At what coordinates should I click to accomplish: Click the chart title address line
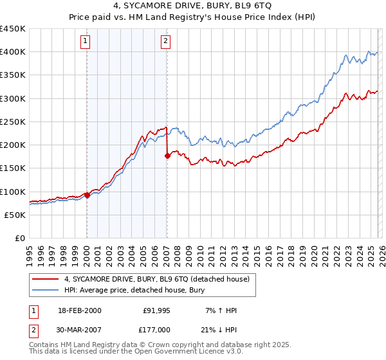[x=192, y=6]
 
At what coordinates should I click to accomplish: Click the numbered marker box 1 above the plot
[x=86, y=42]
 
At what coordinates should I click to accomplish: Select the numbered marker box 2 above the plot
[x=166, y=42]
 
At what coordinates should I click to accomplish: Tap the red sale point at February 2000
[x=87, y=195]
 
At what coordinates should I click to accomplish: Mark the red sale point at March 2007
[x=167, y=155]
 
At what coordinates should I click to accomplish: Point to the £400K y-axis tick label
[x=13, y=52]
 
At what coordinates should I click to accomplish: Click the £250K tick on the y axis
[x=13, y=122]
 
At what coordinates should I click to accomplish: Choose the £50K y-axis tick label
[x=15, y=215]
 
